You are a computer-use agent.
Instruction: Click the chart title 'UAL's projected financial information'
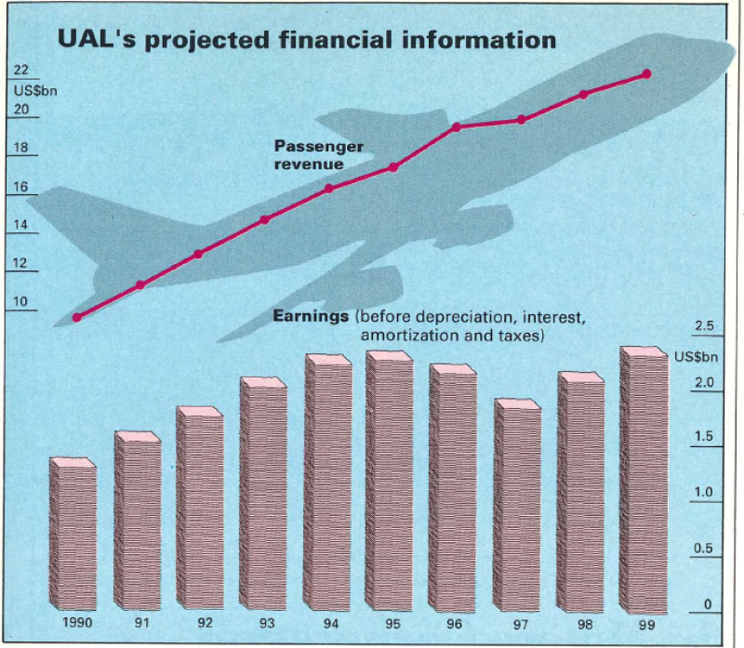(307, 39)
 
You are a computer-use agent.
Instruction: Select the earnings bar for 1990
(73, 535)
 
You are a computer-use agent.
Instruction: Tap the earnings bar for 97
(517, 507)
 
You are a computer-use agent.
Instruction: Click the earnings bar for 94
(329, 483)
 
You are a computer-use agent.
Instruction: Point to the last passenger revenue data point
(646, 73)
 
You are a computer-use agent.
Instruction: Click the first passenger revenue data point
(77, 317)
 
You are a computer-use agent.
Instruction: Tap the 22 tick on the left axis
(20, 71)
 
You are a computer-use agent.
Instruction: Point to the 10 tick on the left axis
(20, 301)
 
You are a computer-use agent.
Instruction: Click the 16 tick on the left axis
(20, 187)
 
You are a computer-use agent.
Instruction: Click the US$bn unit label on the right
(696, 356)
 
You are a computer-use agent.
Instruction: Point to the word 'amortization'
(402, 335)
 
